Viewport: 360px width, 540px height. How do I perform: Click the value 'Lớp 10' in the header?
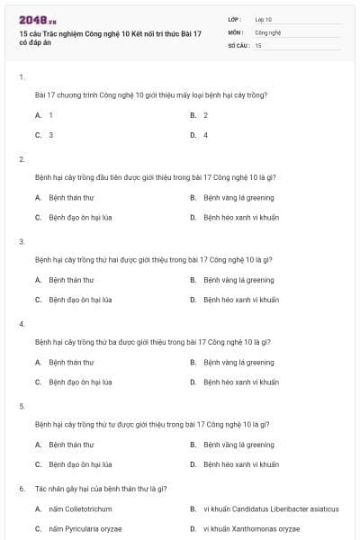point(263,19)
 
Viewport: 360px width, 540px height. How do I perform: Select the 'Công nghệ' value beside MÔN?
point(268,31)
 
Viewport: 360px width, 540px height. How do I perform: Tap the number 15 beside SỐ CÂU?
point(258,44)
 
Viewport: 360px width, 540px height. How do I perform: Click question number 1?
point(22,77)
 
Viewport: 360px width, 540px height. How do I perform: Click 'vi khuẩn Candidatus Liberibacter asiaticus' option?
point(271,508)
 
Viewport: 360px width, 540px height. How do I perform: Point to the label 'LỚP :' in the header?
point(235,19)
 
